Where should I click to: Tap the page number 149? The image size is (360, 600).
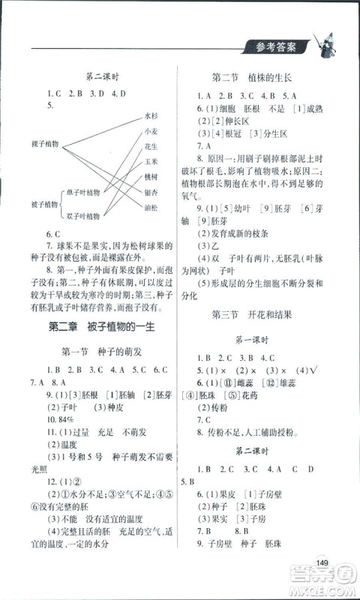pos(323,563)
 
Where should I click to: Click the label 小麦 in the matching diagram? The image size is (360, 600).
pos(151,133)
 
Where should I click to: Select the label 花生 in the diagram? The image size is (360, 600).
pos(151,147)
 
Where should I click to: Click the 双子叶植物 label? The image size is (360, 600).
pos(83,216)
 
